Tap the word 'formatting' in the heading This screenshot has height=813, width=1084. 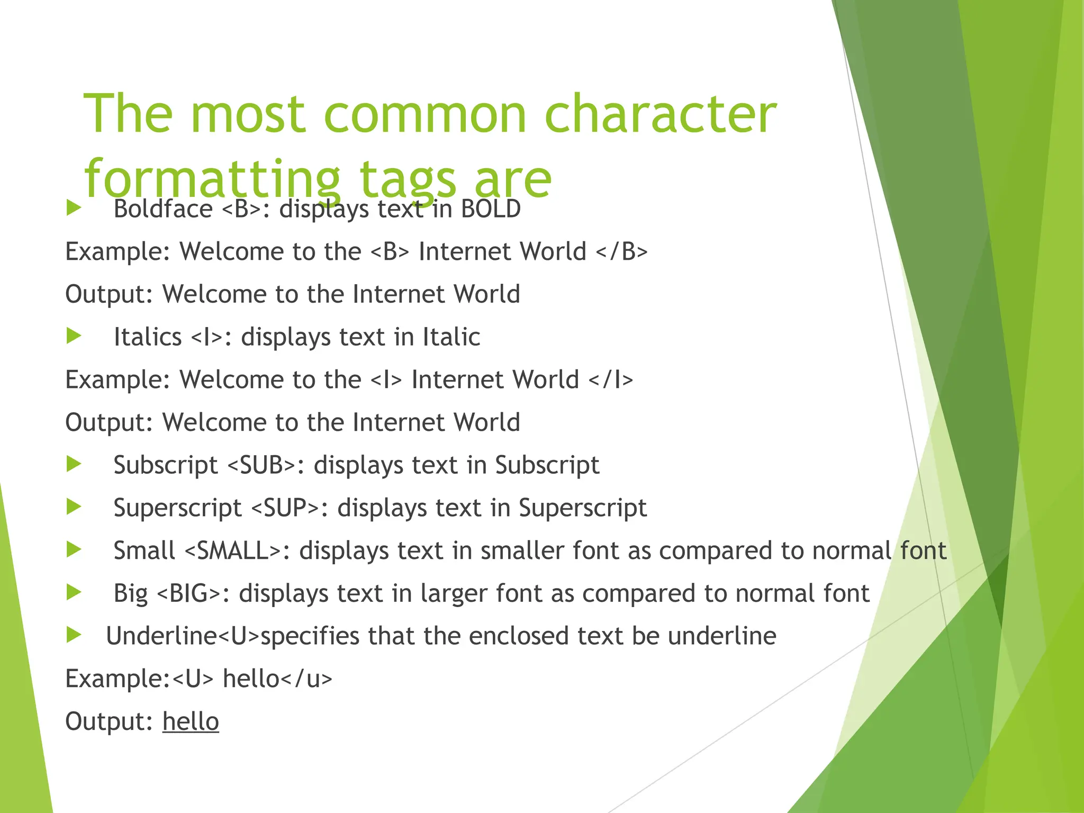[x=212, y=178]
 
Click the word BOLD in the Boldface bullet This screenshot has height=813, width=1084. [x=491, y=209]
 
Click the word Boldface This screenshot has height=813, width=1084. [x=163, y=209]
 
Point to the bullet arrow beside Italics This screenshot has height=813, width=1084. [x=74, y=336]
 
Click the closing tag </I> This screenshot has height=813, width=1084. [x=611, y=380]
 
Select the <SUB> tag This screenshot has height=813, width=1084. [x=261, y=465]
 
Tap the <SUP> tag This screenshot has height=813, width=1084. [x=285, y=508]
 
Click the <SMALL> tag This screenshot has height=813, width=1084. [x=233, y=551]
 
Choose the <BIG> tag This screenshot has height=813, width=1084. [x=189, y=593]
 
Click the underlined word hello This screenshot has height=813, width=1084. [x=191, y=721]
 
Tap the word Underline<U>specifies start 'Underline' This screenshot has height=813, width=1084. [x=161, y=636]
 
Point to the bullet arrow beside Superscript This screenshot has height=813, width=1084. [x=74, y=507]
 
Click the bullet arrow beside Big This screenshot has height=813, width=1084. [x=74, y=592]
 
